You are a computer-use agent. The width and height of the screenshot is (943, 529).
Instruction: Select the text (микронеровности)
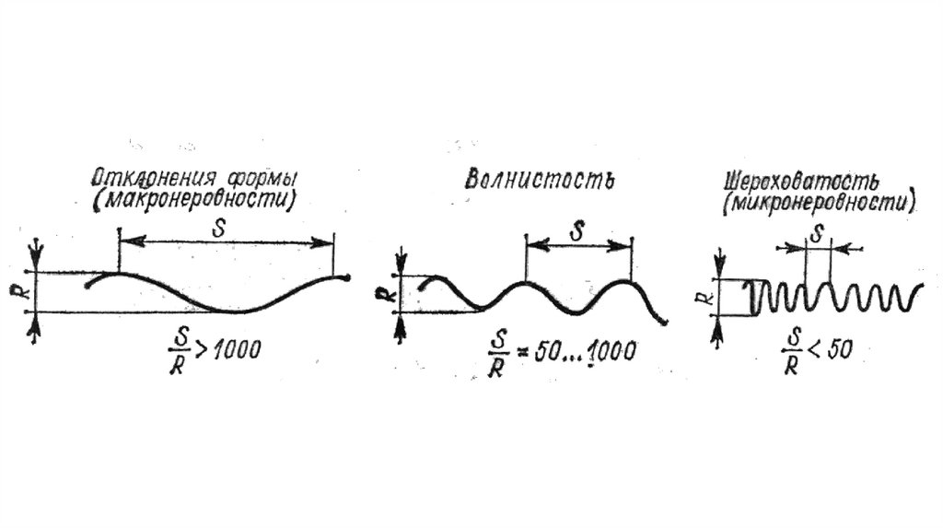[818, 202]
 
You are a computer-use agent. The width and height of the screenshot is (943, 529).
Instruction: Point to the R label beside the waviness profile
[384, 294]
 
